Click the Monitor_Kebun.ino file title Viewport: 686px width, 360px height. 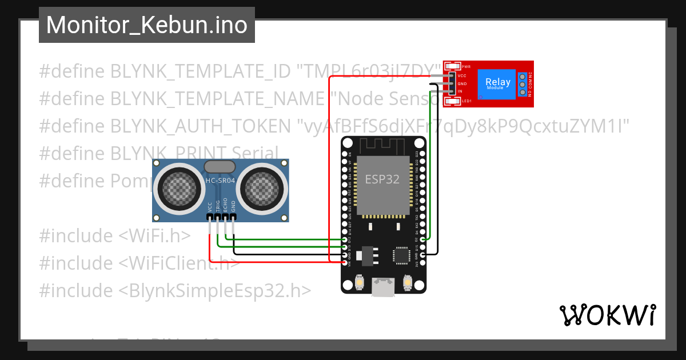(x=146, y=25)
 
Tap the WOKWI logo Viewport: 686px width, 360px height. (x=607, y=315)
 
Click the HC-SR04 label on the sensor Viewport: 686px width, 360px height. (x=220, y=181)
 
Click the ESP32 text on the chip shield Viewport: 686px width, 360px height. (x=382, y=179)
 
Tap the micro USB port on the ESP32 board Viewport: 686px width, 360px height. (x=383, y=287)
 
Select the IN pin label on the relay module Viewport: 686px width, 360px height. (x=460, y=91)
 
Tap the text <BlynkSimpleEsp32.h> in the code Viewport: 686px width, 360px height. (x=214, y=290)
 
